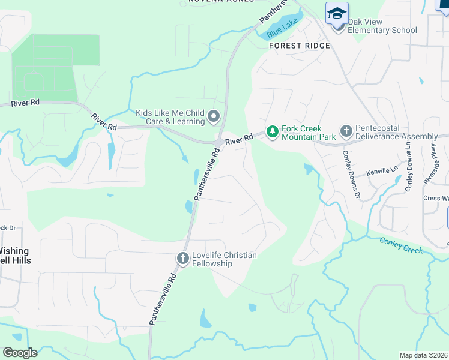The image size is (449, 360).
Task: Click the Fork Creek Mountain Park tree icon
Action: click(x=273, y=131)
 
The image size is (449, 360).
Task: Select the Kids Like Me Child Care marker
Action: click(x=214, y=116)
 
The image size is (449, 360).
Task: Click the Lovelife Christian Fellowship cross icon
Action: click(x=183, y=258)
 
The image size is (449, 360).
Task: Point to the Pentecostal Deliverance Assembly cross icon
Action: click(x=346, y=131)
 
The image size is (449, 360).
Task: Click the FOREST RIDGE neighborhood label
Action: click(x=299, y=46)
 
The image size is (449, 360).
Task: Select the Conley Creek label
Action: click(x=402, y=244)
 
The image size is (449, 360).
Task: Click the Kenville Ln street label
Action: click(x=382, y=171)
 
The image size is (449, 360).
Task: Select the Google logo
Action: click(x=20, y=353)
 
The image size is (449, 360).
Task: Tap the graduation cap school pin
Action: click(x=337, y=13)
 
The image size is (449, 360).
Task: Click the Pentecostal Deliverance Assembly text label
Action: click(x=396, y=133)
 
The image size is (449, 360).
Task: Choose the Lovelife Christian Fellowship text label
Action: click(x=224, y=259)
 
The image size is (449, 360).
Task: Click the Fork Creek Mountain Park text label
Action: click(x=302, y=133)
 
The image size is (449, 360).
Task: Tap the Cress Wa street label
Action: click(x=436, y=198)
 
